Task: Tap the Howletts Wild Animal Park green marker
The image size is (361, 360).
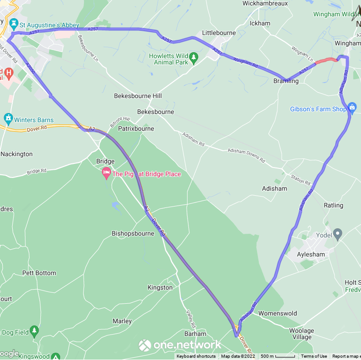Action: pos(194,57)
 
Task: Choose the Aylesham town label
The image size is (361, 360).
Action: pos(311,254)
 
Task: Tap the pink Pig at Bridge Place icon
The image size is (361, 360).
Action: pos(106,172)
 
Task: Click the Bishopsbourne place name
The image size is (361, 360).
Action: pos(133,233)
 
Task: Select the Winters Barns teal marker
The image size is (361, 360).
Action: pos(8,118)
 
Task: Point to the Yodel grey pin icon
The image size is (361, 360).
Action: pos(337,234)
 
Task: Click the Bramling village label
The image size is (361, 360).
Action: pos(286,81)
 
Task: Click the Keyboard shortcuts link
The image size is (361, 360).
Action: pos(196,356)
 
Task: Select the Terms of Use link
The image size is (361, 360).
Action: pos(314,356)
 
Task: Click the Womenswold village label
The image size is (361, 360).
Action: pos(277,313)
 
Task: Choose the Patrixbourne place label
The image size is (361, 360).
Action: pos(136,128)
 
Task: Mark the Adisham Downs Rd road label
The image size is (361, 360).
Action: pos(246,155)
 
